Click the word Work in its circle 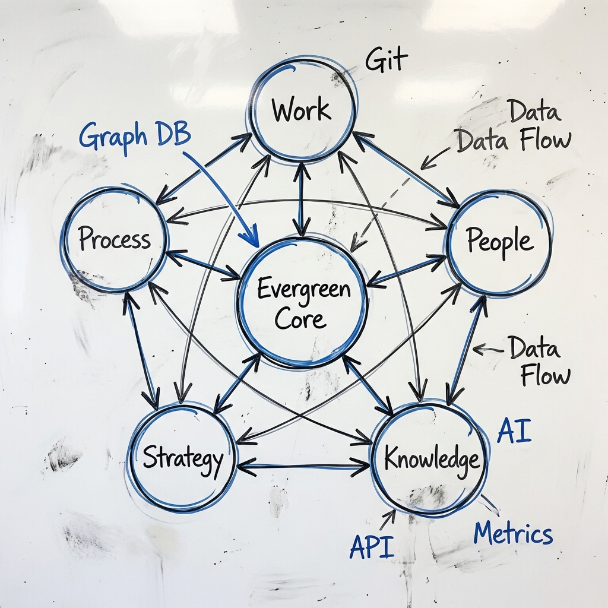(301, 110)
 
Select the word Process (115, 240)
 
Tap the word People (499, 241)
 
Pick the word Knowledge (431, 459)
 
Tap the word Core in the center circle (301, 319)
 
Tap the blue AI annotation (514, 432)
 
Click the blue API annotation (372, 546)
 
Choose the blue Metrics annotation (513, 533)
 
